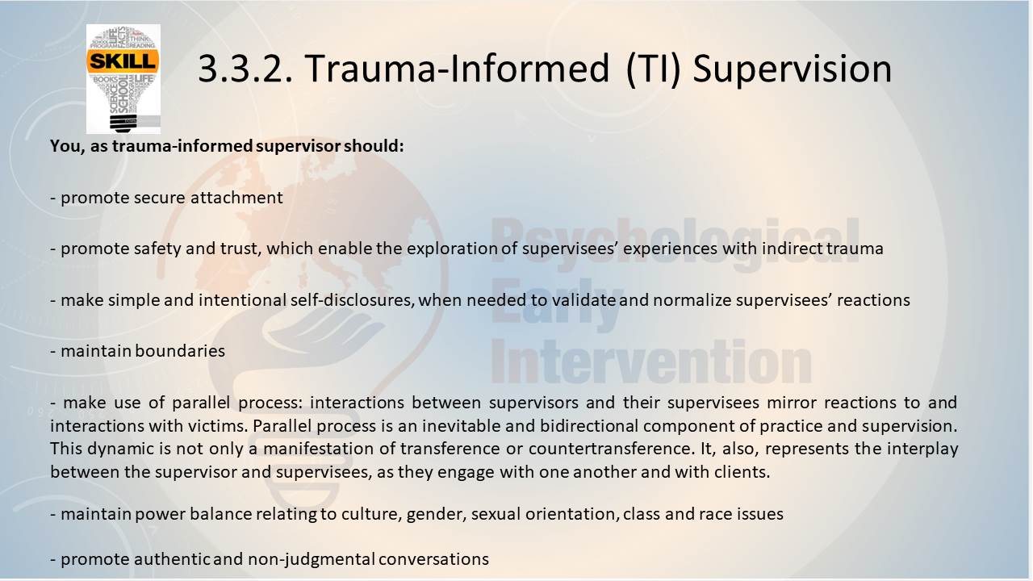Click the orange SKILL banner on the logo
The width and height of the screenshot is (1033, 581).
(123, 61)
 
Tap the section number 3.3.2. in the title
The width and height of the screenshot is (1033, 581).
(245, 69)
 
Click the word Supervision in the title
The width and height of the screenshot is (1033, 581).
(793, 69)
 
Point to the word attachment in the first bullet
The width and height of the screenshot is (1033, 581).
(236, 198)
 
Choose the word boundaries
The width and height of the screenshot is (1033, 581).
(180, 351)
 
